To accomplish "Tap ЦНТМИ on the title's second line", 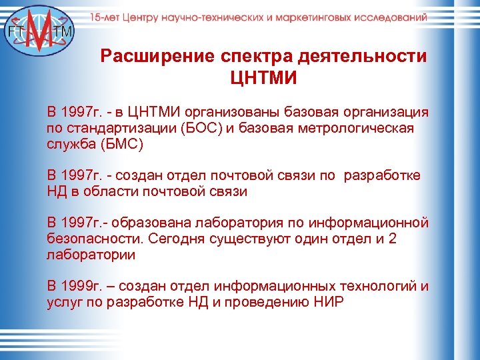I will point(263,79).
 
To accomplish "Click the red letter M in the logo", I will point(42,33).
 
